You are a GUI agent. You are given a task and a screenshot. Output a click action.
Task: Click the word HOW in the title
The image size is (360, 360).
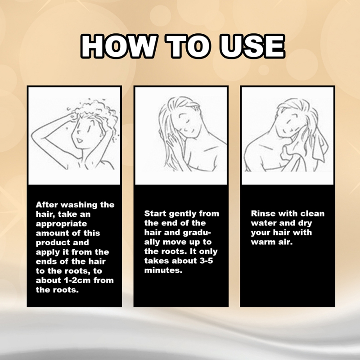(x=119, y=46)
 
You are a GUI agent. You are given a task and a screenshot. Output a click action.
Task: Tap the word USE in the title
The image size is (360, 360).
(x=252, y=46)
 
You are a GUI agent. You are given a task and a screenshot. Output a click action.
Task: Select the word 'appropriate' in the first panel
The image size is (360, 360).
(x=61, y=224)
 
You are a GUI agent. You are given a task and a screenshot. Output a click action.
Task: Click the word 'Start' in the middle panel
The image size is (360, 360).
(x=155, y=213)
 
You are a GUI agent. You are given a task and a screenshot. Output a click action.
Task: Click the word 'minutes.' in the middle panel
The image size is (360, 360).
(x=163, y=270)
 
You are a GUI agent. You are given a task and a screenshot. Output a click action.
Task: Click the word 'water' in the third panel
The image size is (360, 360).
(x=262, y=223)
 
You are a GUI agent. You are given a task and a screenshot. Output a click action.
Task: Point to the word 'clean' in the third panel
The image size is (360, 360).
(x=312, y=213)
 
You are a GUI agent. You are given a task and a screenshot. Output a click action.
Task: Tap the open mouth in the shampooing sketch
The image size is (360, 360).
(x=79, y=140)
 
